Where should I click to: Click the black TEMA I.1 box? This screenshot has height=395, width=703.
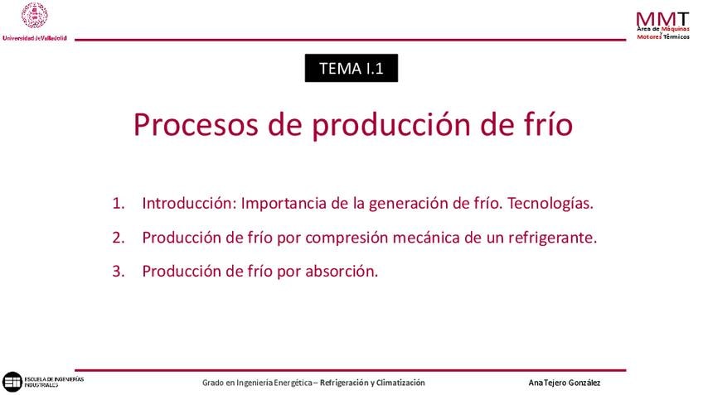(x=351, y=68)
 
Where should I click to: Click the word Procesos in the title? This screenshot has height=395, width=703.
(x=196, y=124)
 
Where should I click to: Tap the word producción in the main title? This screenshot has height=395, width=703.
(x=391, y=125)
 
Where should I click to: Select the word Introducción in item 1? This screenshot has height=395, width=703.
(x=189, y=203)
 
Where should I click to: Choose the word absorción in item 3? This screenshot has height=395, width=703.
(x=342, y=271)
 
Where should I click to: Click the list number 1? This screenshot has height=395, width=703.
(x=119, y=204)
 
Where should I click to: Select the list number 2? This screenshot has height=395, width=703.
(x=119, y=238)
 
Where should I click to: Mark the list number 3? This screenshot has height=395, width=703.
(x=119, y=271)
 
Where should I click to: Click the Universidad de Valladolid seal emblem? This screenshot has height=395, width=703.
(x=35, y=16)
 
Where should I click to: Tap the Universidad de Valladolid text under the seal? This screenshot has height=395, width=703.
(x=35, y=38)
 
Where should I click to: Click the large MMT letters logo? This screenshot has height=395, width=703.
(x=662, y=19)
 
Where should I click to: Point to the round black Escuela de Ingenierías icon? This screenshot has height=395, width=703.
(x=12, y=382)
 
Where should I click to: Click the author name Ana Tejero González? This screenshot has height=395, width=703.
(x=564, y=383)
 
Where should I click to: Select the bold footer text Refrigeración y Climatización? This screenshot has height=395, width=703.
(x=372, y=383)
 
